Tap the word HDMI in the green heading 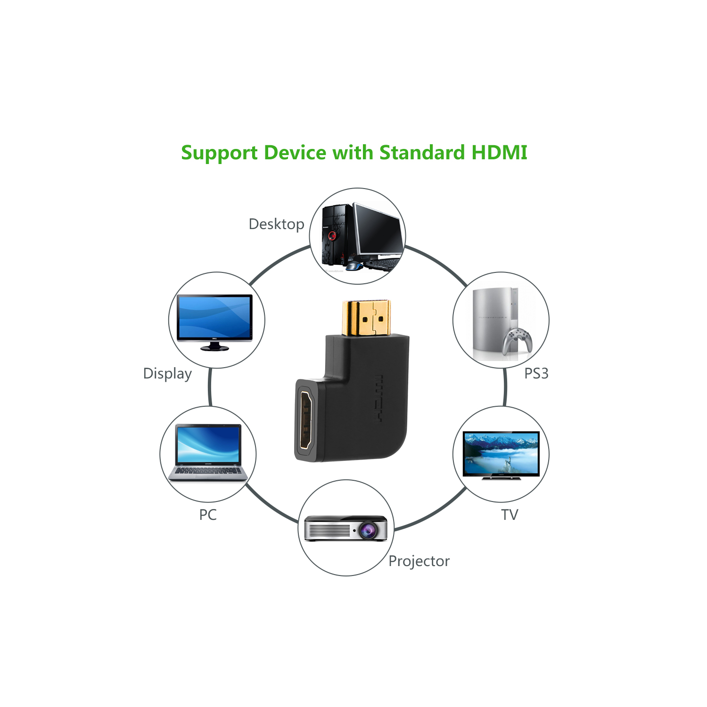click(499, 153)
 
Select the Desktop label click(276, 224)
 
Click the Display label click(167, 373)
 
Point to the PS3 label click(536, 373)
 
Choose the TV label click(510, 515)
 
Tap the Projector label click(419, 561)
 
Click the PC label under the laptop click(208, 515)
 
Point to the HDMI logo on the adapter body click(378, 399)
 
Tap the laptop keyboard click(208, 471)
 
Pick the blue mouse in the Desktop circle click(353, 267)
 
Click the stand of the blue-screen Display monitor click(214, 346)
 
